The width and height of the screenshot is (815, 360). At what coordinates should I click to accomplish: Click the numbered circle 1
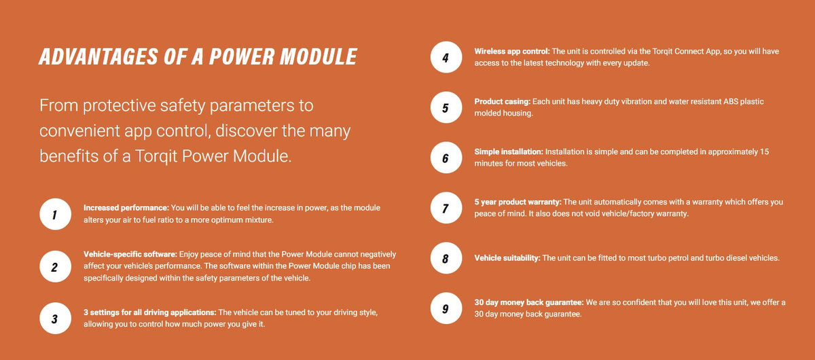[x=54, y=216]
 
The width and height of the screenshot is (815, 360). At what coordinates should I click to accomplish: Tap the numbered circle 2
[x=54, y=267]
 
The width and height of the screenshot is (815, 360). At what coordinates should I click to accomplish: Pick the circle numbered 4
[x=446, y=58]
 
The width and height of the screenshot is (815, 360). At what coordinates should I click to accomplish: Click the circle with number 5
[x=446, y=108]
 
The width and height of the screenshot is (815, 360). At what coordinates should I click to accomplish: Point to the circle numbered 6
[x=446, y=158]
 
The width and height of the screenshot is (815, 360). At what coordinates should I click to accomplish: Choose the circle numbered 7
[x=446, y=209]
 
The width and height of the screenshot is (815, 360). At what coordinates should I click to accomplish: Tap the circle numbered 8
[x=446, y=259]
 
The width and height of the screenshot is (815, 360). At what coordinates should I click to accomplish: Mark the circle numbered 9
[x=446, y=309]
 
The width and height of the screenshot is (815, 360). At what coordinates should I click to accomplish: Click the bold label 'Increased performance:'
[x=126, y=207]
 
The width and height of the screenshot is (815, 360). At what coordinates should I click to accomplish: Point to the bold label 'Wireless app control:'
[x=512, y=52]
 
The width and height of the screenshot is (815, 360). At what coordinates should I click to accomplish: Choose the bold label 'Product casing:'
[x=503, y=102]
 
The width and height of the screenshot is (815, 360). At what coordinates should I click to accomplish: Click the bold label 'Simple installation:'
[x=509, y=152]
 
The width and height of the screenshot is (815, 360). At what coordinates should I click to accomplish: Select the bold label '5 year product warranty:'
[x=518, y=202]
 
